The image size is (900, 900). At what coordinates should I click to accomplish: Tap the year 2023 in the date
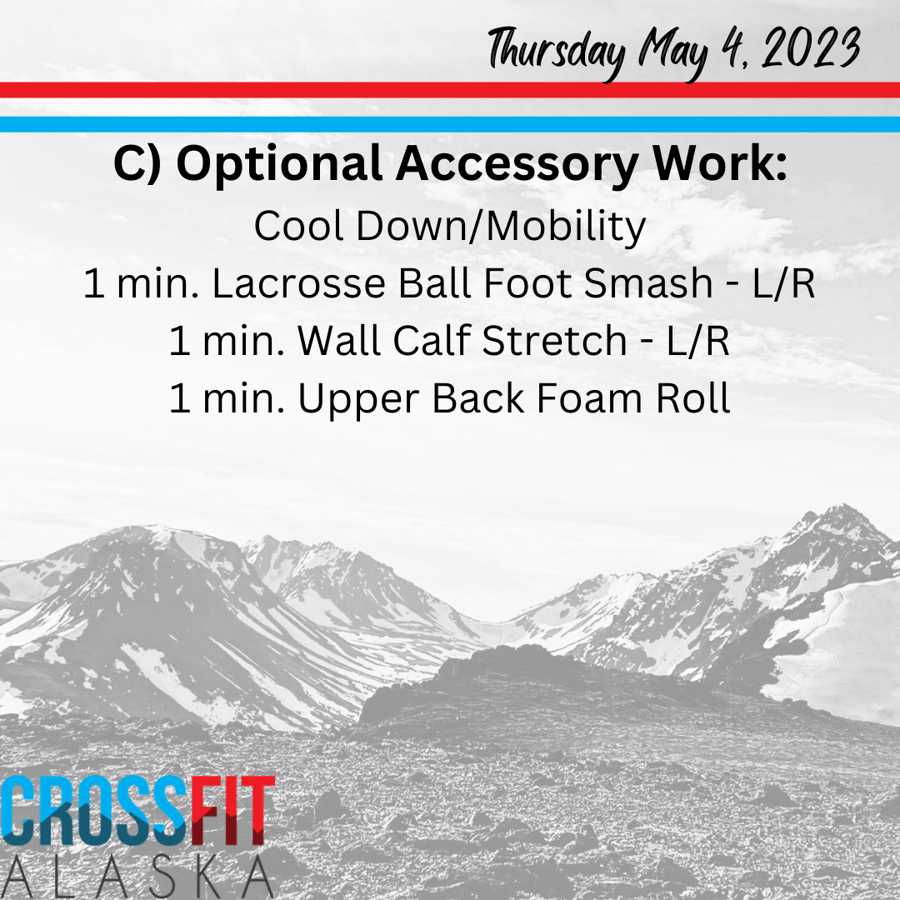click(x=811, y=48)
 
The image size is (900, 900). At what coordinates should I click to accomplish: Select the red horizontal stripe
click(x=450, y=89)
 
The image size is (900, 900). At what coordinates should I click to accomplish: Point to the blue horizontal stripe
click(x=450, y=124)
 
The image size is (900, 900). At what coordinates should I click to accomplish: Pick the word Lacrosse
click(x=298, y=283)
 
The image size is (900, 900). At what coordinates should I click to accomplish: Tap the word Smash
click(x=648, y=282)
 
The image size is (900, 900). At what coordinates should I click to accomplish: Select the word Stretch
click(x=554, y=340)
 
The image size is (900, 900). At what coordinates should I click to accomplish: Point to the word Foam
click(x=589, y=398)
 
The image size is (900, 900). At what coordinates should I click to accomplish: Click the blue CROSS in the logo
click(x=95, y=811)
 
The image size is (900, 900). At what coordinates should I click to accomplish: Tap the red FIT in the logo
click(x=232, y=811)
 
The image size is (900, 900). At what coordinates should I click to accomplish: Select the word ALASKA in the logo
click(x=137, y=877)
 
